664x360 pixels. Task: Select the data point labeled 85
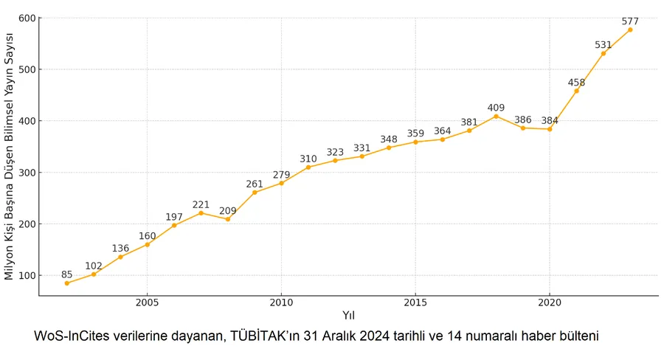pyautogui.click(x=67, y=283)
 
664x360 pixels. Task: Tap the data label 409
pyautogui.click(x=496, y=108)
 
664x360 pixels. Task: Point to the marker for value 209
pyautogui.click(x=228, y=219)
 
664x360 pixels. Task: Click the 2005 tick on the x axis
pyautogui.click(x=148, y=302)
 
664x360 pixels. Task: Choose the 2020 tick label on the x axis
pyautogui.click(x=550, y=302)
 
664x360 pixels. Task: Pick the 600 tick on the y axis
pyautogui.click(x=27, y=18)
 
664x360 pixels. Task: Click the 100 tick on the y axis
pyautogui.click(x=27, y=276)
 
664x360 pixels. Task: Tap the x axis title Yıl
pyautogui.click(x=348, y=316)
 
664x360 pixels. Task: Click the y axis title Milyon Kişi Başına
pyautogui.click(x=10, y=156)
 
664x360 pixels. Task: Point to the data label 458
pyautogui.click(x=576, y=83)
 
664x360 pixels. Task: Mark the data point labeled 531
pyautogui.click(x=604, y=53)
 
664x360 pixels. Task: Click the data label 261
pyautogui.click(x=255, y=184)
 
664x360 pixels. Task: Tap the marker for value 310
pyautogui.click(x=308, y=167)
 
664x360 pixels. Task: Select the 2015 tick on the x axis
pyautogui.click(x=415, y=302)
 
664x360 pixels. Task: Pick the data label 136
pyautogui.click(x=120, y=249)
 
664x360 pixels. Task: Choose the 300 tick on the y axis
pyautogui.click(x=27, y=173)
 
